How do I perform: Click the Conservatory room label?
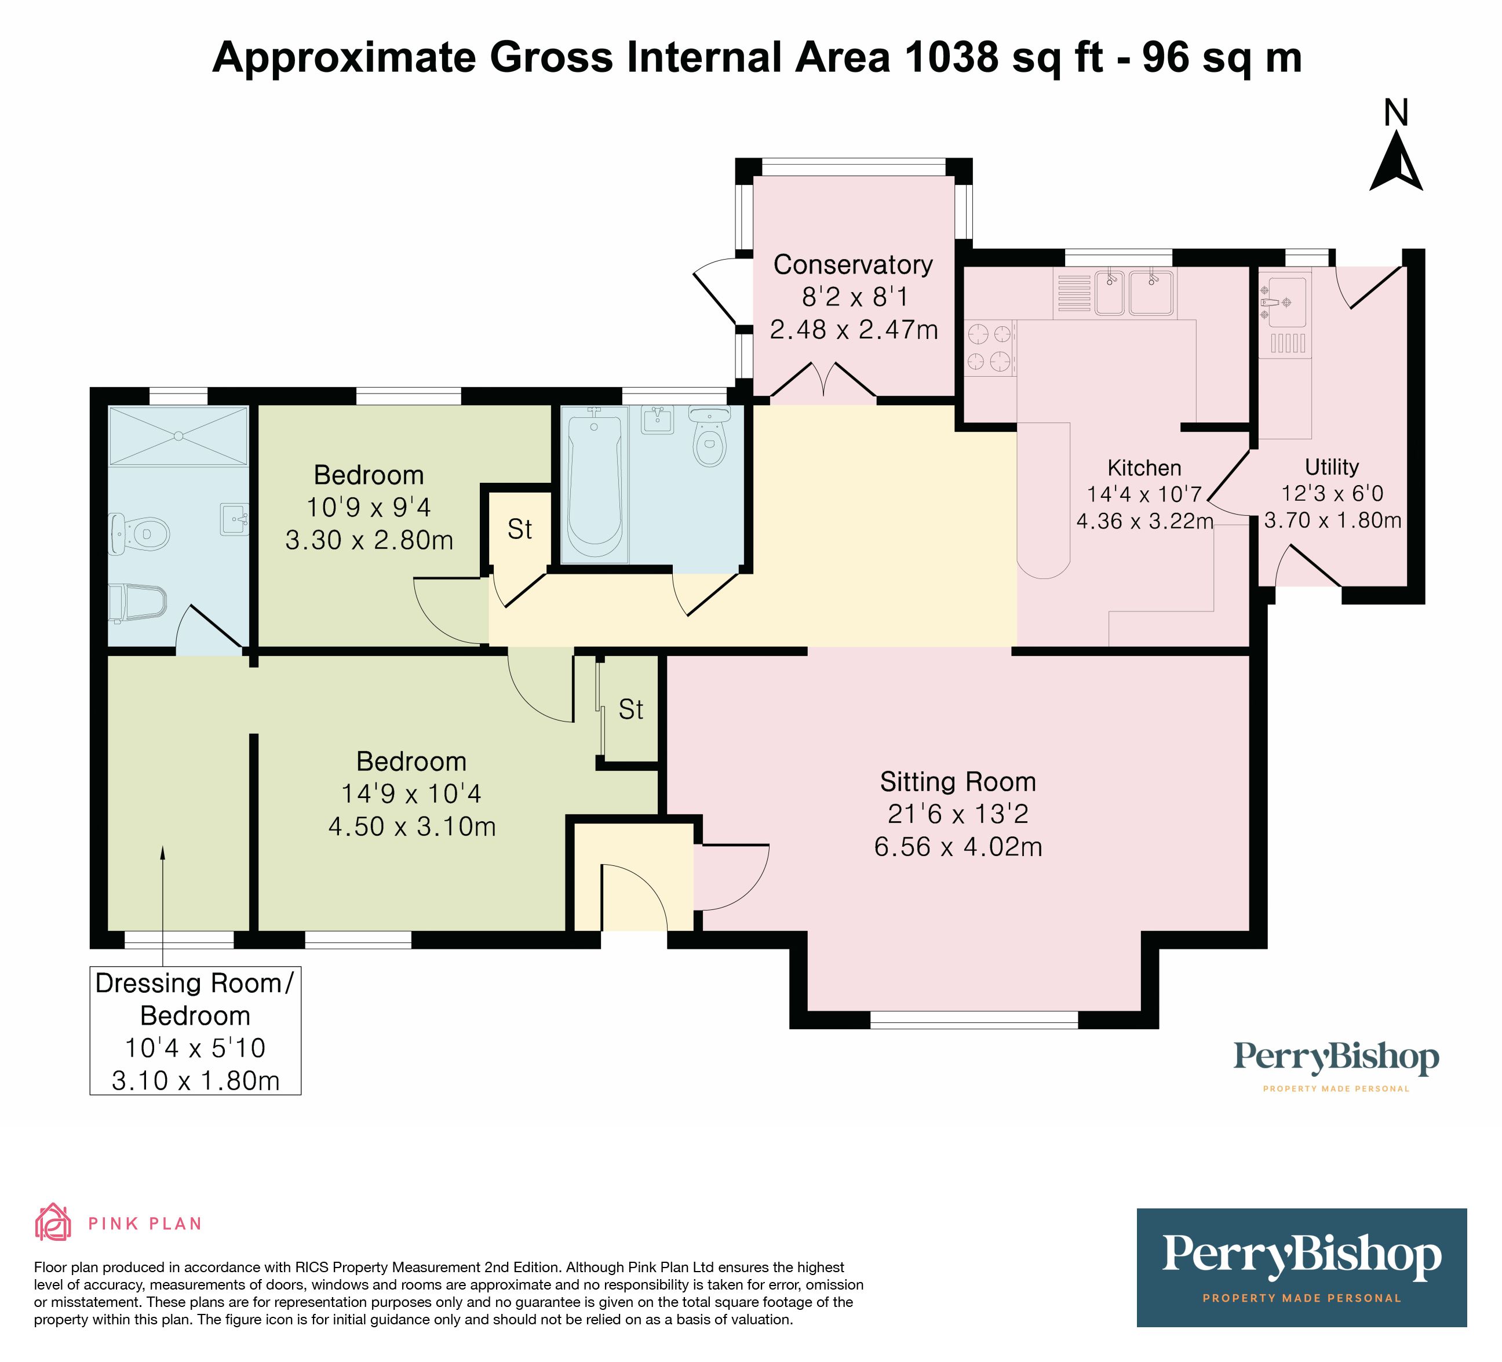click(x=853, y=264)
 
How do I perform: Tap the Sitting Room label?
click(x=958, y=782)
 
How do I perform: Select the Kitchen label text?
click(x=1144, y=468)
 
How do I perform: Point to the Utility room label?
click(x=1332, y=467)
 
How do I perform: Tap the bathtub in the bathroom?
click(x=594, y=486)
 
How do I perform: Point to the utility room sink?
click(x=1285, y=303)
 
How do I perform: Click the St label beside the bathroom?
click(x=519, y=530)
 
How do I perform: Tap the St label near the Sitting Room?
click(x=631, y=710)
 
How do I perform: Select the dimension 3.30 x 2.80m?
click(x=369, y=540)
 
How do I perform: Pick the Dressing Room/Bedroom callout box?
click(x=195, y=1031)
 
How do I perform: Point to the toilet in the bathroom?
click(x=709, y=438)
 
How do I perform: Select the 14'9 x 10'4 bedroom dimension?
click(x=411, y=794)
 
